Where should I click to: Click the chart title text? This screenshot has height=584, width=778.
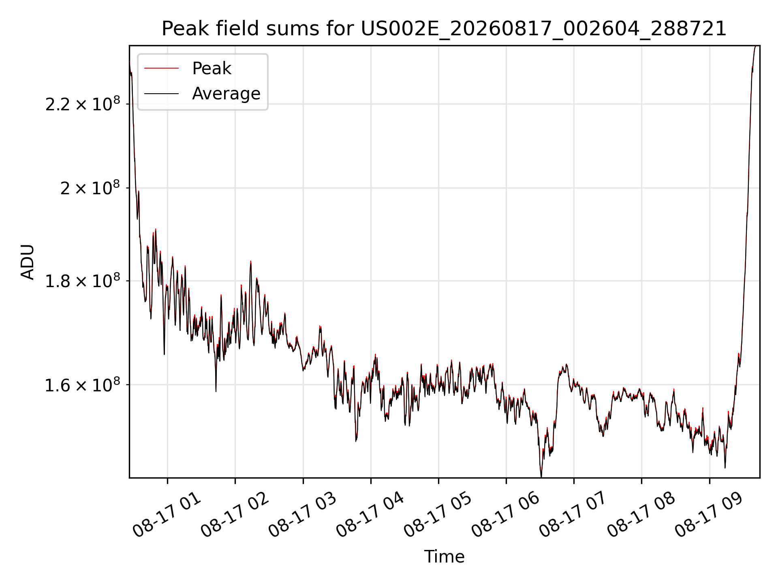point(444,29)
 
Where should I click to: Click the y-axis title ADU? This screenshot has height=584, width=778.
point(28,262)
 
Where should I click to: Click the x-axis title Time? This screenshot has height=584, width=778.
point(444,556)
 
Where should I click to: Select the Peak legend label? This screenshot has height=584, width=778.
point(212,69)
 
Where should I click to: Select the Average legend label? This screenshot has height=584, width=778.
point(226,94)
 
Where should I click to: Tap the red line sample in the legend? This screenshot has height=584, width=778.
point(161,69)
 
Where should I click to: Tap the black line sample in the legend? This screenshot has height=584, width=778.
point(161,94)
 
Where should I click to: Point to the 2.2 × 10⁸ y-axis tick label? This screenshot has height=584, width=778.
point(83,104)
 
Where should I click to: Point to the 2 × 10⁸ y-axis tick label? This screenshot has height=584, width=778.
point(90,188)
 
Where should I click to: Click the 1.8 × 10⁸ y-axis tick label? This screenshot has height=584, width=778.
point(83,281)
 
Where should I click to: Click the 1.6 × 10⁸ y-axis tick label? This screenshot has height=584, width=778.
point(83,384)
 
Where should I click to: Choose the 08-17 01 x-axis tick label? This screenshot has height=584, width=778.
point(167,515)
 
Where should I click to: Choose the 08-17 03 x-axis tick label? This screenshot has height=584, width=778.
point(303,515)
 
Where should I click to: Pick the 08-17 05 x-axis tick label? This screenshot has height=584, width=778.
point(438,515)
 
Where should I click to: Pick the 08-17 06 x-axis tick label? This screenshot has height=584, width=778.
point(506,515)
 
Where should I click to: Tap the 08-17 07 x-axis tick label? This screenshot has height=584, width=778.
point(573,515)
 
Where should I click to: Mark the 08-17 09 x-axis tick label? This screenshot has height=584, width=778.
point(709,515)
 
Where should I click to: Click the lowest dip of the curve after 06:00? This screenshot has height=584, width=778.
point(541,476)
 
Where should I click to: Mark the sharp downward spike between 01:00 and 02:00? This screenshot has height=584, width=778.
point(216,390)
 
